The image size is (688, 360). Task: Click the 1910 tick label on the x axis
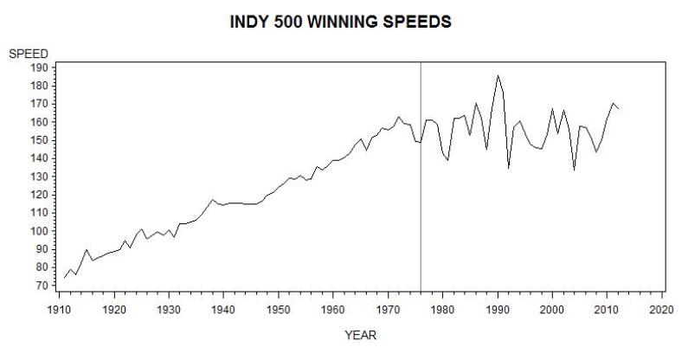pyautogui.click(x=59, y=309)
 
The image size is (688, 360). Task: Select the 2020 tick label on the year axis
pyautogui.click(x=662, y=309)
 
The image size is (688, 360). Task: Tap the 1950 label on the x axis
pyautogui.click(x=278, y=309)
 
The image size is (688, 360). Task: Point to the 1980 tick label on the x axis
pyautogui.click(x=442, y=309)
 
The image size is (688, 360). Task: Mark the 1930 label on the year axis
pyautogui.click(x=168, y=309)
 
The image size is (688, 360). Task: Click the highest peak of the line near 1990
pyautogui.click(x=498, y=75)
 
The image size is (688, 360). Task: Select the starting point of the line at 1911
pyautogui.click(x=64, y=277)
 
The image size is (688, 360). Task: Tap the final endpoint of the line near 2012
pyautogui.click(x=619, y=109)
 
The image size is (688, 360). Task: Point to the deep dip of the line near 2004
pyautogui.click(x=575, y=170)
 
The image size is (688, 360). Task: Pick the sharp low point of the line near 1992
pyautogui.click(x=509, y=168)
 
